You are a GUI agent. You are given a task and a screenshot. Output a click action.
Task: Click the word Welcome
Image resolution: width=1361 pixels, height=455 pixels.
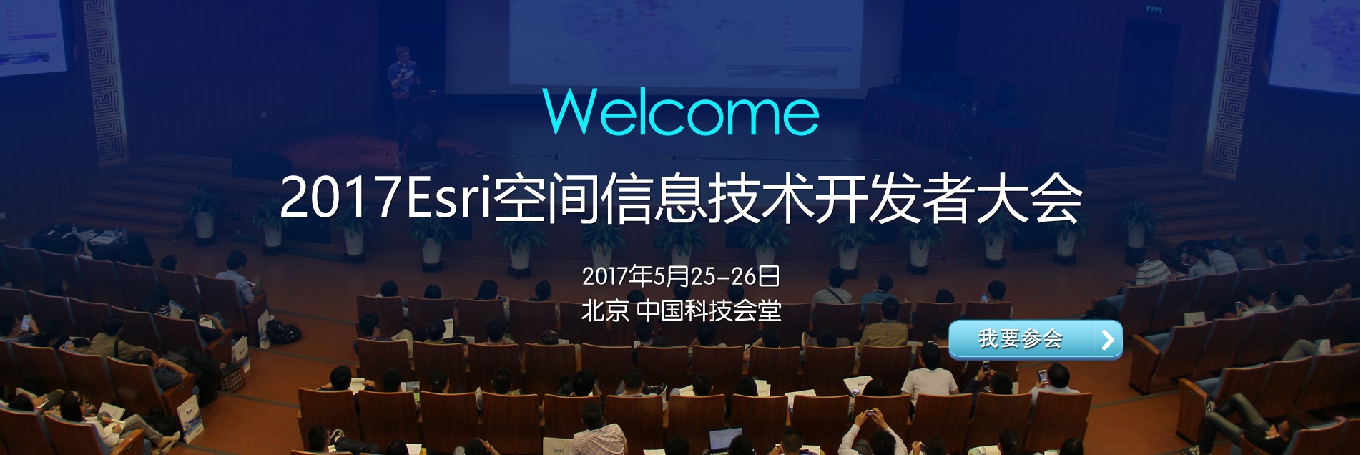click(681, 112)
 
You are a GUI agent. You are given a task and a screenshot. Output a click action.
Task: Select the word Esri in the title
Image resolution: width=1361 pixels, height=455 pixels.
click(449, 197)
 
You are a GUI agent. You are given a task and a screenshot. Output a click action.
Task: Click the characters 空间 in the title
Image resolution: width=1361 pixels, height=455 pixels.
click(546, 198)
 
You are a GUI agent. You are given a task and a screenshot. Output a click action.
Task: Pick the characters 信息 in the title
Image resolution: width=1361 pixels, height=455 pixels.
click(654, 198)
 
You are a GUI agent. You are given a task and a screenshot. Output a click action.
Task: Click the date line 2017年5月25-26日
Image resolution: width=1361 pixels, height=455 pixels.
click(681, 275)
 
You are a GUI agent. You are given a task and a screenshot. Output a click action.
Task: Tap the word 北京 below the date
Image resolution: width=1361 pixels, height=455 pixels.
click(605, 310)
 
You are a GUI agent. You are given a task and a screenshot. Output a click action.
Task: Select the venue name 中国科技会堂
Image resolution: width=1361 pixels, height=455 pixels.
click(709, 310)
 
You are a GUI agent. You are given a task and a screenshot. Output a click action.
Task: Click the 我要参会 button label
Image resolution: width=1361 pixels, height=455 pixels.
click(1021, 338)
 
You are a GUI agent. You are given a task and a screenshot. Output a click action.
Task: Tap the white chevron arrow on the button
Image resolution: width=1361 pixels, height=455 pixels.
click(1109, 340)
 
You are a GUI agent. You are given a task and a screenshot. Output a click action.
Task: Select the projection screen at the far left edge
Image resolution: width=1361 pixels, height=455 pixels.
click(33, 36)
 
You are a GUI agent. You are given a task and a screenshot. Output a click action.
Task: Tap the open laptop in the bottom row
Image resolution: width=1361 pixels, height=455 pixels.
click(724, 439)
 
